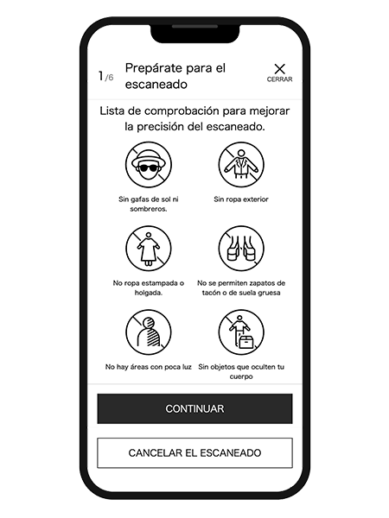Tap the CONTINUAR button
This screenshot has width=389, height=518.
[x=194, y=408]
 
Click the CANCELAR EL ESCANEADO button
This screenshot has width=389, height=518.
[x=194, y=453]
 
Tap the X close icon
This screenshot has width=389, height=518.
[x=279, y=69]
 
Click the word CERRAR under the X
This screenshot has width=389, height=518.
[x=279, y=79]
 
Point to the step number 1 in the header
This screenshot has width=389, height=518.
[x=101, y=76]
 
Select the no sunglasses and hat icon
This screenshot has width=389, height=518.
[x=149, y=165]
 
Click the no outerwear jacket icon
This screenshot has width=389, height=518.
[x=241, y=165]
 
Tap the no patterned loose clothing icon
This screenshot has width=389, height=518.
[x=149, y=249]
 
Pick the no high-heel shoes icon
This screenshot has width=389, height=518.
[x=241, y=249]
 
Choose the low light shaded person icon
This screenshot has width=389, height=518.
[x=149, y=332]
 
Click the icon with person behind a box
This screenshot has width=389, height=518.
[x=241, y=332]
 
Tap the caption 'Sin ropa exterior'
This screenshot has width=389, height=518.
[x=241, y=199]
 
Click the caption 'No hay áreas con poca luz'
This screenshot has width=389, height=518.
[x=149, y=367]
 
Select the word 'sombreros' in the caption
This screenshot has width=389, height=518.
[x=148, y=209]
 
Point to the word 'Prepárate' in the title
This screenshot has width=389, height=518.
[x=152, y=68]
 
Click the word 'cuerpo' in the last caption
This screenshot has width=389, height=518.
[x=241, y=376]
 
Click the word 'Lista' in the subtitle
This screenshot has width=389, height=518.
[x=112, y=111]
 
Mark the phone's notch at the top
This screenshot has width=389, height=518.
[x=195, y=34]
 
